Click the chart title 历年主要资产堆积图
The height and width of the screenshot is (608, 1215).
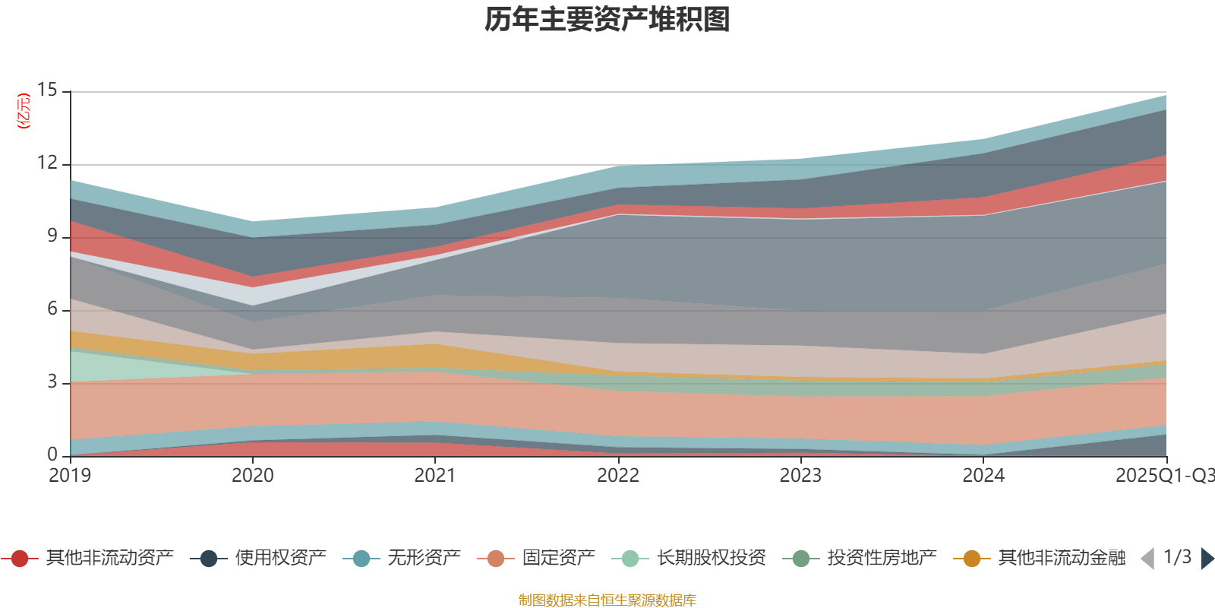(607, 20)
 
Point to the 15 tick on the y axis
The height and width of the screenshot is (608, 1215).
(47, 90)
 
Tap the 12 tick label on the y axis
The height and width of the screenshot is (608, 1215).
(47, 163)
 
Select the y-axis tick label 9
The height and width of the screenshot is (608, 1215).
(52, 236)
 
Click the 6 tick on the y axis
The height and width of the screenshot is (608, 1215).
(52, 309)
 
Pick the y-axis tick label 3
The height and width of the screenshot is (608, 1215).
(52, 382)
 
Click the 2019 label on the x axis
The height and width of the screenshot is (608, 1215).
(70, 476)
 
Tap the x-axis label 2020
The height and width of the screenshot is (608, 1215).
(252, 476)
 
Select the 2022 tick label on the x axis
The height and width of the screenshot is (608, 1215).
(617, 476)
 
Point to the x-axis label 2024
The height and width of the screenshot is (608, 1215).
(983, 476)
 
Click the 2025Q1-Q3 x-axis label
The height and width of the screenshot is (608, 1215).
(1163, 476)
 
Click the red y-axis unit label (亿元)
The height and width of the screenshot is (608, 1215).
(24, 111)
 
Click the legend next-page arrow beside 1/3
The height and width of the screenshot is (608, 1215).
(1207, 559)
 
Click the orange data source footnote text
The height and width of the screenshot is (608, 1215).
(607, 600)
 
